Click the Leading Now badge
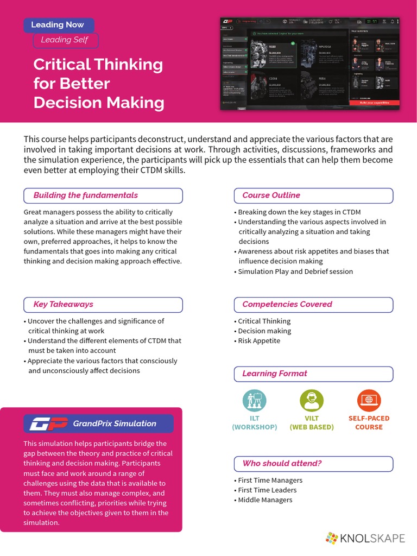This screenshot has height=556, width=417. (x=58, y=25)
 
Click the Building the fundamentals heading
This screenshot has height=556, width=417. (x=86, y=195)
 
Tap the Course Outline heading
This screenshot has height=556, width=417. (x=271, y=195)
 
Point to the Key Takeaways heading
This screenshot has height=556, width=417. (x=63, y=305)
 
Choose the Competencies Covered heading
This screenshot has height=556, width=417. (x=287, y=305)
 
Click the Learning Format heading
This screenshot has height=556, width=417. (x=274, y=374)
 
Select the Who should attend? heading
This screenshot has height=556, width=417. (x=282, y=464)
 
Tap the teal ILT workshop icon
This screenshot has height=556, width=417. (x=255, y=401)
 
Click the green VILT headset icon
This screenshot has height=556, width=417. (x=312, y=401)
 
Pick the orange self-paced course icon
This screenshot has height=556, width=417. (x=369, y=401)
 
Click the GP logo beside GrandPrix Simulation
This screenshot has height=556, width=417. (x=49, y=424)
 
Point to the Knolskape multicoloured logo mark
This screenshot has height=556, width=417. (x=331, y=539)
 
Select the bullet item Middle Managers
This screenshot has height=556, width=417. (x=265, y=500)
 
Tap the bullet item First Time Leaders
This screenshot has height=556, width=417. (x=267, y=490)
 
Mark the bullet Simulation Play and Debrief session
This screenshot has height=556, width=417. (x=295, y=271)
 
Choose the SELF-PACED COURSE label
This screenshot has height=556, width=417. (x=369, y=422)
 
